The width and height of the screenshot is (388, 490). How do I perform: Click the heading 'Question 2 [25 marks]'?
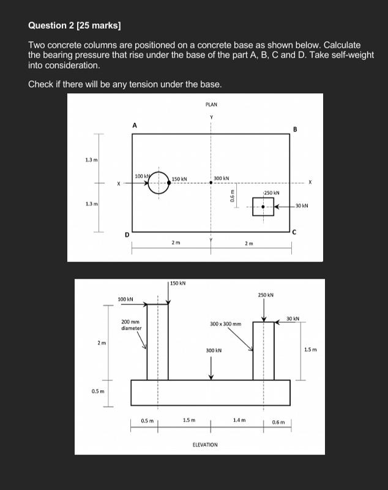[75, 25]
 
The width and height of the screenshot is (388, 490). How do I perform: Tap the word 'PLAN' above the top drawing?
[211, 105]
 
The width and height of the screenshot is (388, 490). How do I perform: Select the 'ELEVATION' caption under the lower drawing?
[204, 444]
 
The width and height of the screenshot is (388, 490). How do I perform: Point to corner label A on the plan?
[135, 125]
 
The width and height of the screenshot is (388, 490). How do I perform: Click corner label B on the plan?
[295, 129]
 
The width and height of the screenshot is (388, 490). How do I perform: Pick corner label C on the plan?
[294, 232]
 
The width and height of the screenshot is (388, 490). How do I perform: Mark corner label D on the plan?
[127, 235]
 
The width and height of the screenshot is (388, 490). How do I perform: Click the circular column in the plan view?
[159, 182]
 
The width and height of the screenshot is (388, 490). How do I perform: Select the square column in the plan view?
[263, 207]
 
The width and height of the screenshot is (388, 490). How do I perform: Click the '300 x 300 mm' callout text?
[225, 323]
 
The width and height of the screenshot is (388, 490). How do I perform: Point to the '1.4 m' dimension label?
[239, 420]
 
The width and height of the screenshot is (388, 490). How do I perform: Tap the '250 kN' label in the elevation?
[266, 295]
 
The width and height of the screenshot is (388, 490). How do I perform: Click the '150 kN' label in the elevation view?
[178, 284]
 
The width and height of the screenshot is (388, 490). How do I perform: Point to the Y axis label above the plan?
[211, 117]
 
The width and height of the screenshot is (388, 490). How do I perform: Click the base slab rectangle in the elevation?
[211, 393]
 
